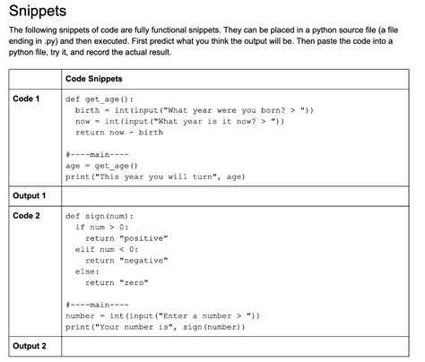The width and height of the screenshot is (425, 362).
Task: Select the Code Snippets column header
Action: coord(94,79)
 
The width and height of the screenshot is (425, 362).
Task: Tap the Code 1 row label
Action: coord(26,99)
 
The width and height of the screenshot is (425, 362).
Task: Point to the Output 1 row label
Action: coord(30,194)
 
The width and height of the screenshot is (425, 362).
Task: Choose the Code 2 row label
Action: coord(26,216)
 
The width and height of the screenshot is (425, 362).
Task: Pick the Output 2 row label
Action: coord(30,346)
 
